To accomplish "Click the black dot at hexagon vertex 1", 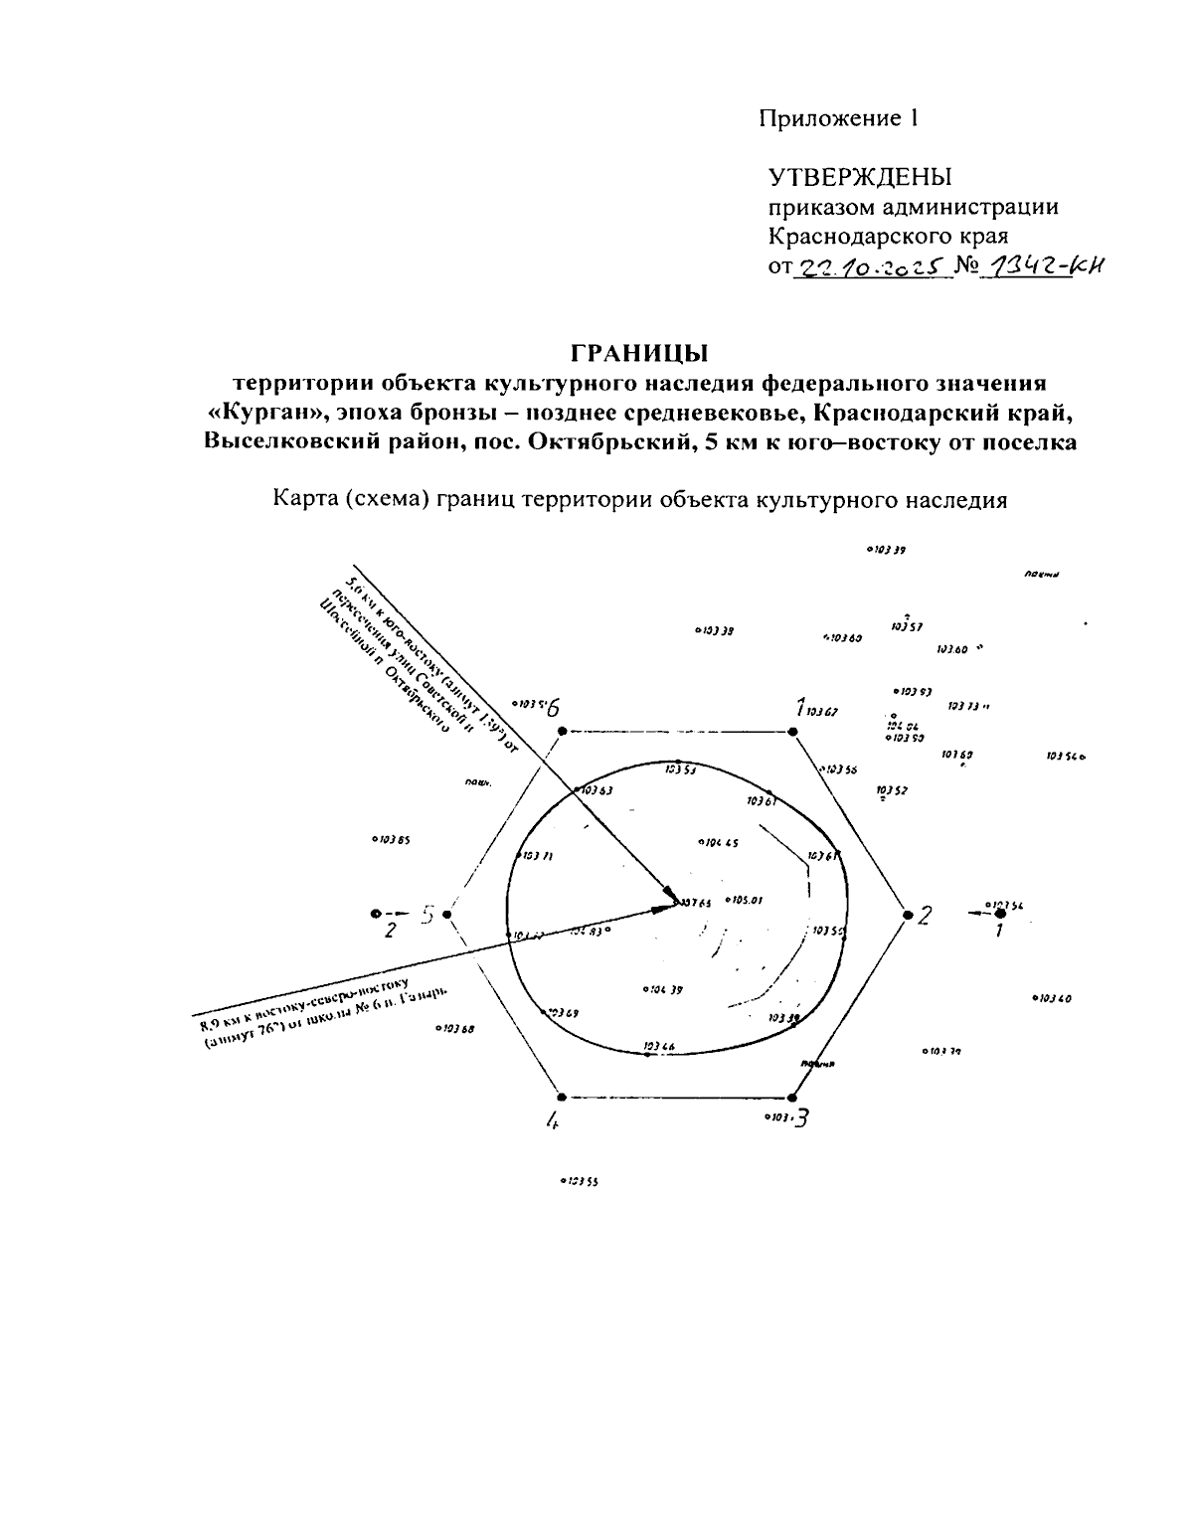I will pyautogui.click(x=792, y=732).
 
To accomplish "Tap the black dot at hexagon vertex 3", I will pyautogui.click(x=791, y=1098).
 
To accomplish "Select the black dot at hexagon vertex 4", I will pyautogui.click(x=562, y=1098).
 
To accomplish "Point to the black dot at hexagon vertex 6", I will pyautogui.click(x=562, y=732).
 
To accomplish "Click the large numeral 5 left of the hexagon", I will pyautogui.click(x=427, y=915).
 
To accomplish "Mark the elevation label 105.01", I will pyautogui.click(x=745, y=901).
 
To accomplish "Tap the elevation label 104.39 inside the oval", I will pyautogui.click(x=664, y=989).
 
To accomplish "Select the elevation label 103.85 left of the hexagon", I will pyautogui.click(x=392, y=839).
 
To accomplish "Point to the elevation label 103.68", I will pyautogui.click(x=455, y=1029).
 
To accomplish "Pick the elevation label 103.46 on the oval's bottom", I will pyautogui.click(x=659, y=1046).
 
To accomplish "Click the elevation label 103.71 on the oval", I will pyautogui.click(x=537, y=856).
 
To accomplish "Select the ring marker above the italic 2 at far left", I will pyautogui.click(x=375, y=913).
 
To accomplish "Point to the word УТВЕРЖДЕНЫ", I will pyautogui.click(x=860, y=178).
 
